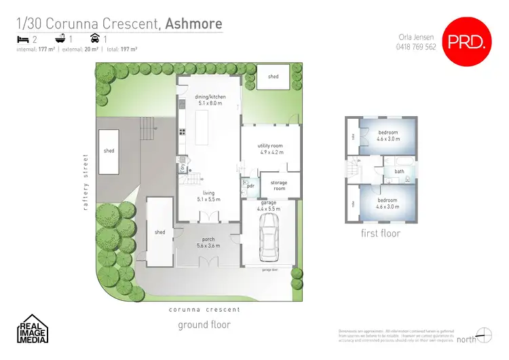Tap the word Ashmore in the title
[x=193, y=24]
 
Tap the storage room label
[x=278, y=185]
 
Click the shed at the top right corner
[x=273, y=77]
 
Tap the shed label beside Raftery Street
[x=109, y=151]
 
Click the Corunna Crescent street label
[x=204, y=309]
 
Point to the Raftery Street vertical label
[x=86, y=182]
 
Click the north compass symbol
[x=483, y=334]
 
